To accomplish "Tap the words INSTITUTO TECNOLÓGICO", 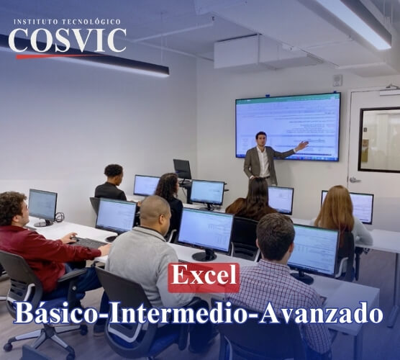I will point(67,22).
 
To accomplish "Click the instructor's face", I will point(261,138).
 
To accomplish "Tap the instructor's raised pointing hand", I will point(301,145).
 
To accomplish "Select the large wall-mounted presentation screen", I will point(287,126).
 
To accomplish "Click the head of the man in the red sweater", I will point(14,208).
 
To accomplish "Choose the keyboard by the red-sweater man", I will point(90,243).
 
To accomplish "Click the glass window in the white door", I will point(379,140).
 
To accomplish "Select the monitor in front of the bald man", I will point(206,230).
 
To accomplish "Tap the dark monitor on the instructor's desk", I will point(182,168).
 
